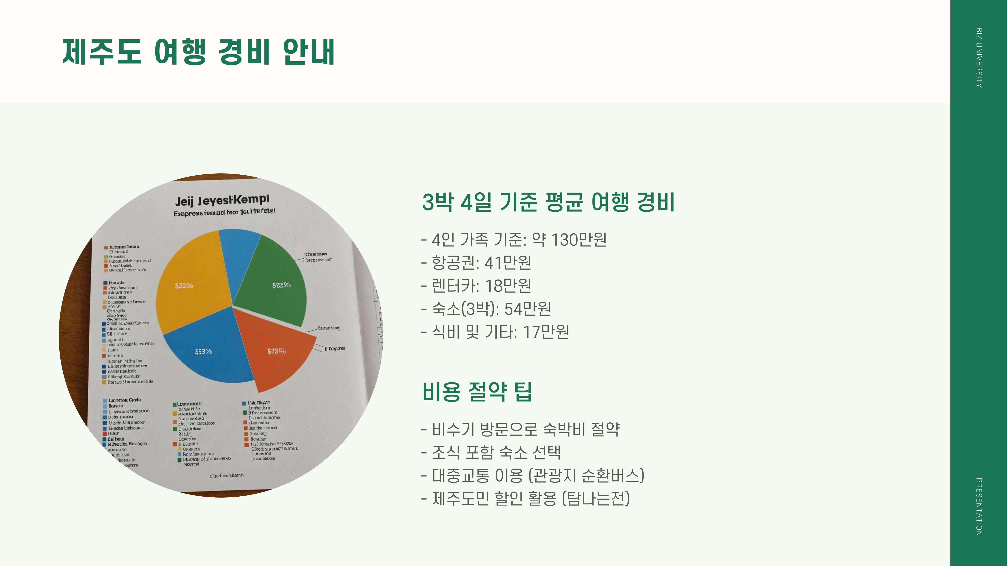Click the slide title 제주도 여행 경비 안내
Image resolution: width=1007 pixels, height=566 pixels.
point(199,52)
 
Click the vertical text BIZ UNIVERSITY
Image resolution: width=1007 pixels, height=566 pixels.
point(979,58)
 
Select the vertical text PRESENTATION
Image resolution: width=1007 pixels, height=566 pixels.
point(979,507)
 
